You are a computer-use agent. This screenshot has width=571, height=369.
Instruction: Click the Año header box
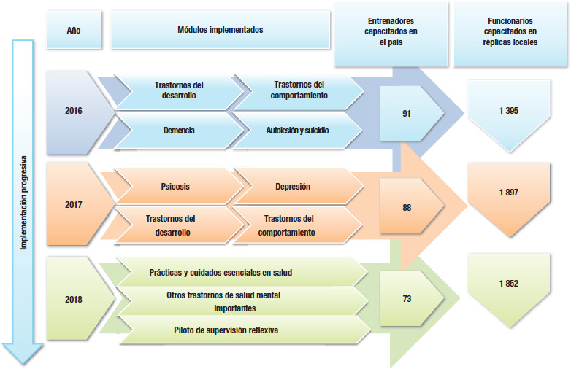74,30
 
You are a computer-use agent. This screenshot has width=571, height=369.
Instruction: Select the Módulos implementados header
220,30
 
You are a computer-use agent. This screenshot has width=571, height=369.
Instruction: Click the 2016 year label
74,112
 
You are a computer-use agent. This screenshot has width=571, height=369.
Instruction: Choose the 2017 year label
74,205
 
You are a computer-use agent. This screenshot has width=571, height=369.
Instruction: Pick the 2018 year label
74,299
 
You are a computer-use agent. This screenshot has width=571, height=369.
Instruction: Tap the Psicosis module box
175,187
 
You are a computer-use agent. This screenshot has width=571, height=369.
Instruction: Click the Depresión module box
294,187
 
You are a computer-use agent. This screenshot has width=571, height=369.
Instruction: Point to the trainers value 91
406,114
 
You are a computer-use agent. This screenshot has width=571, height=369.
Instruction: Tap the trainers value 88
407,208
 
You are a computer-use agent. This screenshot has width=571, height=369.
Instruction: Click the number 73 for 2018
407,299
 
